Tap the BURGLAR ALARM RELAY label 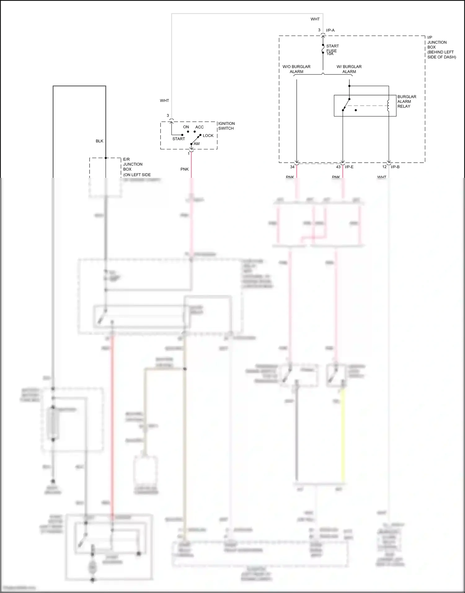tap(406, 102)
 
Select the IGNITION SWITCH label tap(226, 126)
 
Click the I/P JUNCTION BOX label tap(441, 47)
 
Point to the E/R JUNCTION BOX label tap(136, 167)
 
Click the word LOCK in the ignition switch tap(208, 136)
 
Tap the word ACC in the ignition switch tap(199, 127)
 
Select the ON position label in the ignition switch tap(186, 127)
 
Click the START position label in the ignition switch tap(179, 139)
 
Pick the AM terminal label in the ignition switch tap(197, 144)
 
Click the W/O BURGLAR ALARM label tap(296, 69)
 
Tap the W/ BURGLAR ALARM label tap(349, 69)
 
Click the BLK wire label tap(100, 141)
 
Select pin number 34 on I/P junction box tap(292, 167)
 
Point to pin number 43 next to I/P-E tap(338, 167)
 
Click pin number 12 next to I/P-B tap(384, 167)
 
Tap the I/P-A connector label tap(330, 30)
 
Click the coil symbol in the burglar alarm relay tap(388, 106)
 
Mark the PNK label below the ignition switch tap(184, 169)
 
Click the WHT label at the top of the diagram tap(315, 19)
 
